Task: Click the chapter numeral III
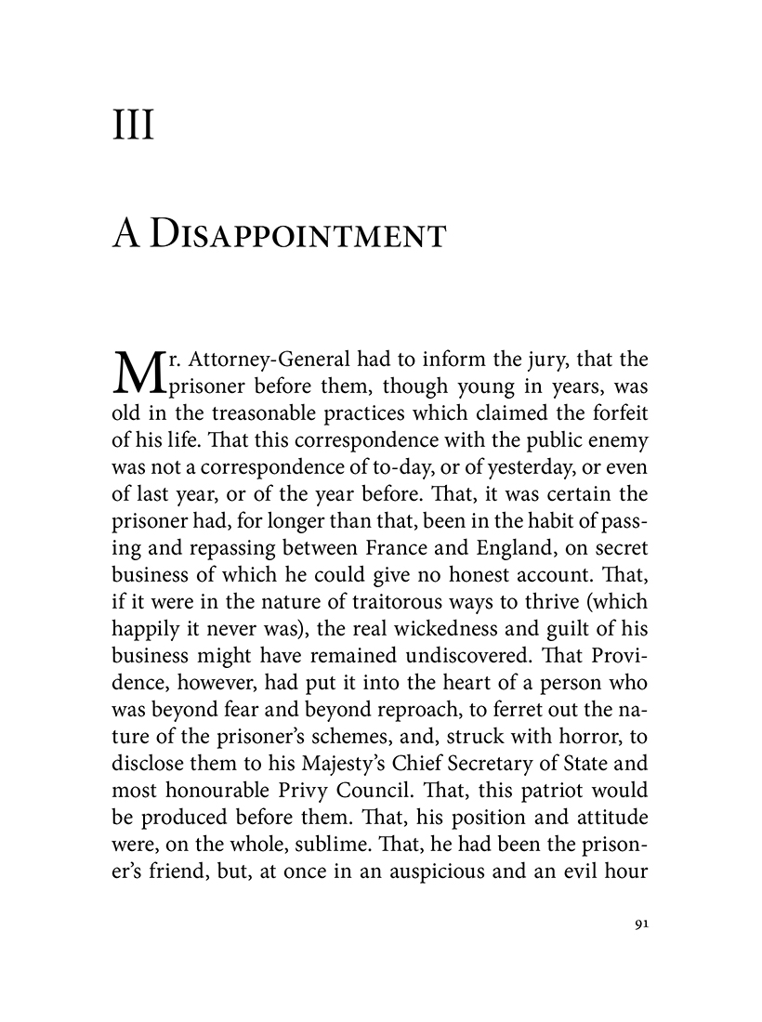[x=132, y=124]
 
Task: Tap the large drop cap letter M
[x=136, y=373]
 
